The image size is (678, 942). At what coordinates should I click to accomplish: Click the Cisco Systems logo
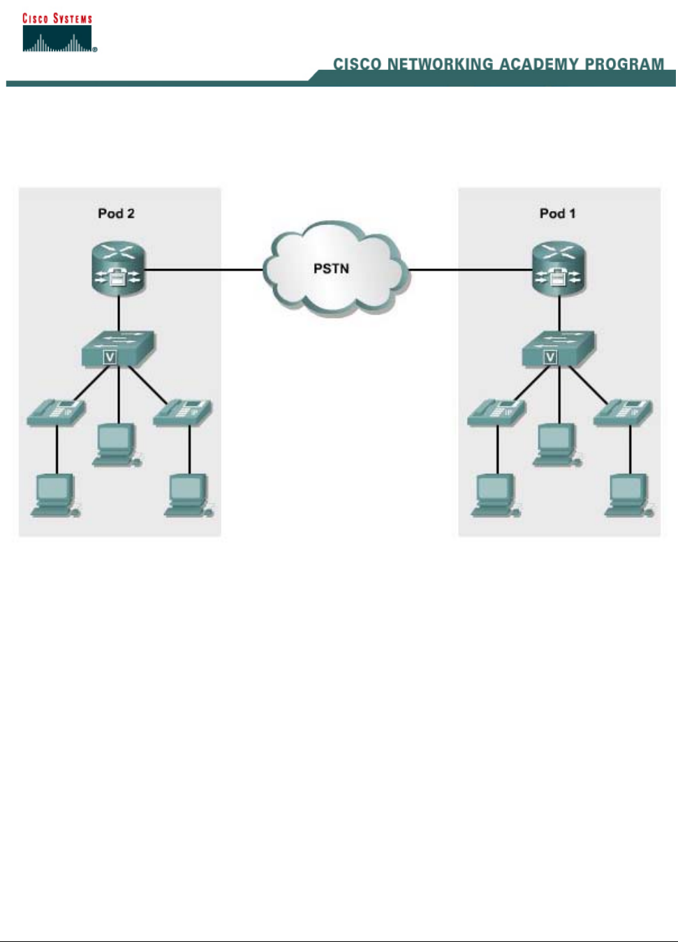click(59, 33)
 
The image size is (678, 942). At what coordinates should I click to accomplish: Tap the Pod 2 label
click(116, 214)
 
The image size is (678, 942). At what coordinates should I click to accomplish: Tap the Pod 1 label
click(557, 214)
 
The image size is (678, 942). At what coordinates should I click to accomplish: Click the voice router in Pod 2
click(118, 269)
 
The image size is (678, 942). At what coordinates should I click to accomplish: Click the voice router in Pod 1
click(559, 269)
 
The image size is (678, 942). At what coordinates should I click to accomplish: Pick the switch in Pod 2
click(117, 347)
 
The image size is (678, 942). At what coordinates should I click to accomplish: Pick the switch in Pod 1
click(558, 347)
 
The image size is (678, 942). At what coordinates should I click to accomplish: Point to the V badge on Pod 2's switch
click(110, 357)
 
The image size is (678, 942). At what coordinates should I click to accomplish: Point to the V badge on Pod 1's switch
click(550, 357)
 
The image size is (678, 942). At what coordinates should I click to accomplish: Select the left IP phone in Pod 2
click(56, 412)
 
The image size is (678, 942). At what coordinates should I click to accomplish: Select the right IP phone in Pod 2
click(182, 412)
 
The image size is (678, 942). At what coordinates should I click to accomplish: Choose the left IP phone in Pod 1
click(496, 412)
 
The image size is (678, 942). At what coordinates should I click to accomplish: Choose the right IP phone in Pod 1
click(623, 412)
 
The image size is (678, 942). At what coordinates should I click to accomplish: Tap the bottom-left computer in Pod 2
click(54, 495)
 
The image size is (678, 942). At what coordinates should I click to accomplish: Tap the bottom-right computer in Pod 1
click(628, 495)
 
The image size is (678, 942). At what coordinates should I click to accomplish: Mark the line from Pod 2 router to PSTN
click(202, 269)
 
